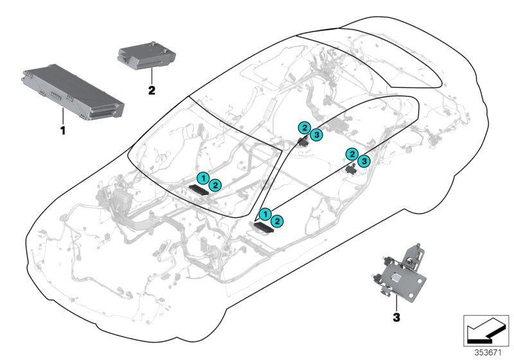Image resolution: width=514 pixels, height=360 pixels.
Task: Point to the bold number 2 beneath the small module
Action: tap(152, 91)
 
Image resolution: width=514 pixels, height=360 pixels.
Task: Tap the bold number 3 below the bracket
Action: tap(396, 316)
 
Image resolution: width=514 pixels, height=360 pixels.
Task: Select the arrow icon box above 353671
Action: tap(488, 330)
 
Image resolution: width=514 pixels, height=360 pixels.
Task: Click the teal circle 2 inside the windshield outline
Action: tap(216, 185)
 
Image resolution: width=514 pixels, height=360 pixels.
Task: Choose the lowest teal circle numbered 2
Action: tap(278, 221)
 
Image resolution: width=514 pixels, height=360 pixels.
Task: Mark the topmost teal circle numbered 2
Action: tap(304, 128)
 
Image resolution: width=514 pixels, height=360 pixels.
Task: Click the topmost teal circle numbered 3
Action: tap(317, 134)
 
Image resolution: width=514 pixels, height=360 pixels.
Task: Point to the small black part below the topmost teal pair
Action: tap(303, 141)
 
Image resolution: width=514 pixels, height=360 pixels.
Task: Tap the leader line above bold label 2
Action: tap(152, 76)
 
